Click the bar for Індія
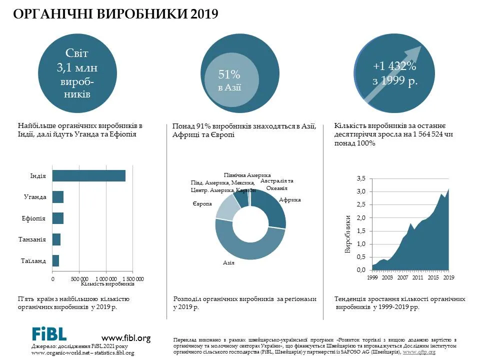pyautogui.click(x=89, y=175)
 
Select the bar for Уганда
pyautogui.click(x=58, y=197)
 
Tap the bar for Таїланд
pyautogui.click(x=55, y=260)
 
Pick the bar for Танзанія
pyautogui.click(x=56, y=239)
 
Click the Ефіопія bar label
pyautogui.click(x=33, y=218)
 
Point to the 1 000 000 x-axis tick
pyautogui.click(x=106, y=279)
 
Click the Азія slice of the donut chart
pyautogui.click(x=245, y=242)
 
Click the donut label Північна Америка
pyautogui.click(x=247, y=175)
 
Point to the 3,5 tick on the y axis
pyautogui.click(x=361, y=178)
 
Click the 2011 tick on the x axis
pyautogui.click(x=417, y=277)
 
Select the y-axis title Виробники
pyautogui.click(x=347, y=234)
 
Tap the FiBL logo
pyautogui.click(x=49, y=334)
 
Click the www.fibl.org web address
pyautogui.click(x=126, y=338)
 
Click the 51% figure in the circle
pyautogui.click(x=229, y=74)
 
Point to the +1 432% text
pyautogui.click(x=394, y=66)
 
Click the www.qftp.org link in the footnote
pyautogui.click(x=419, y=352)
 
